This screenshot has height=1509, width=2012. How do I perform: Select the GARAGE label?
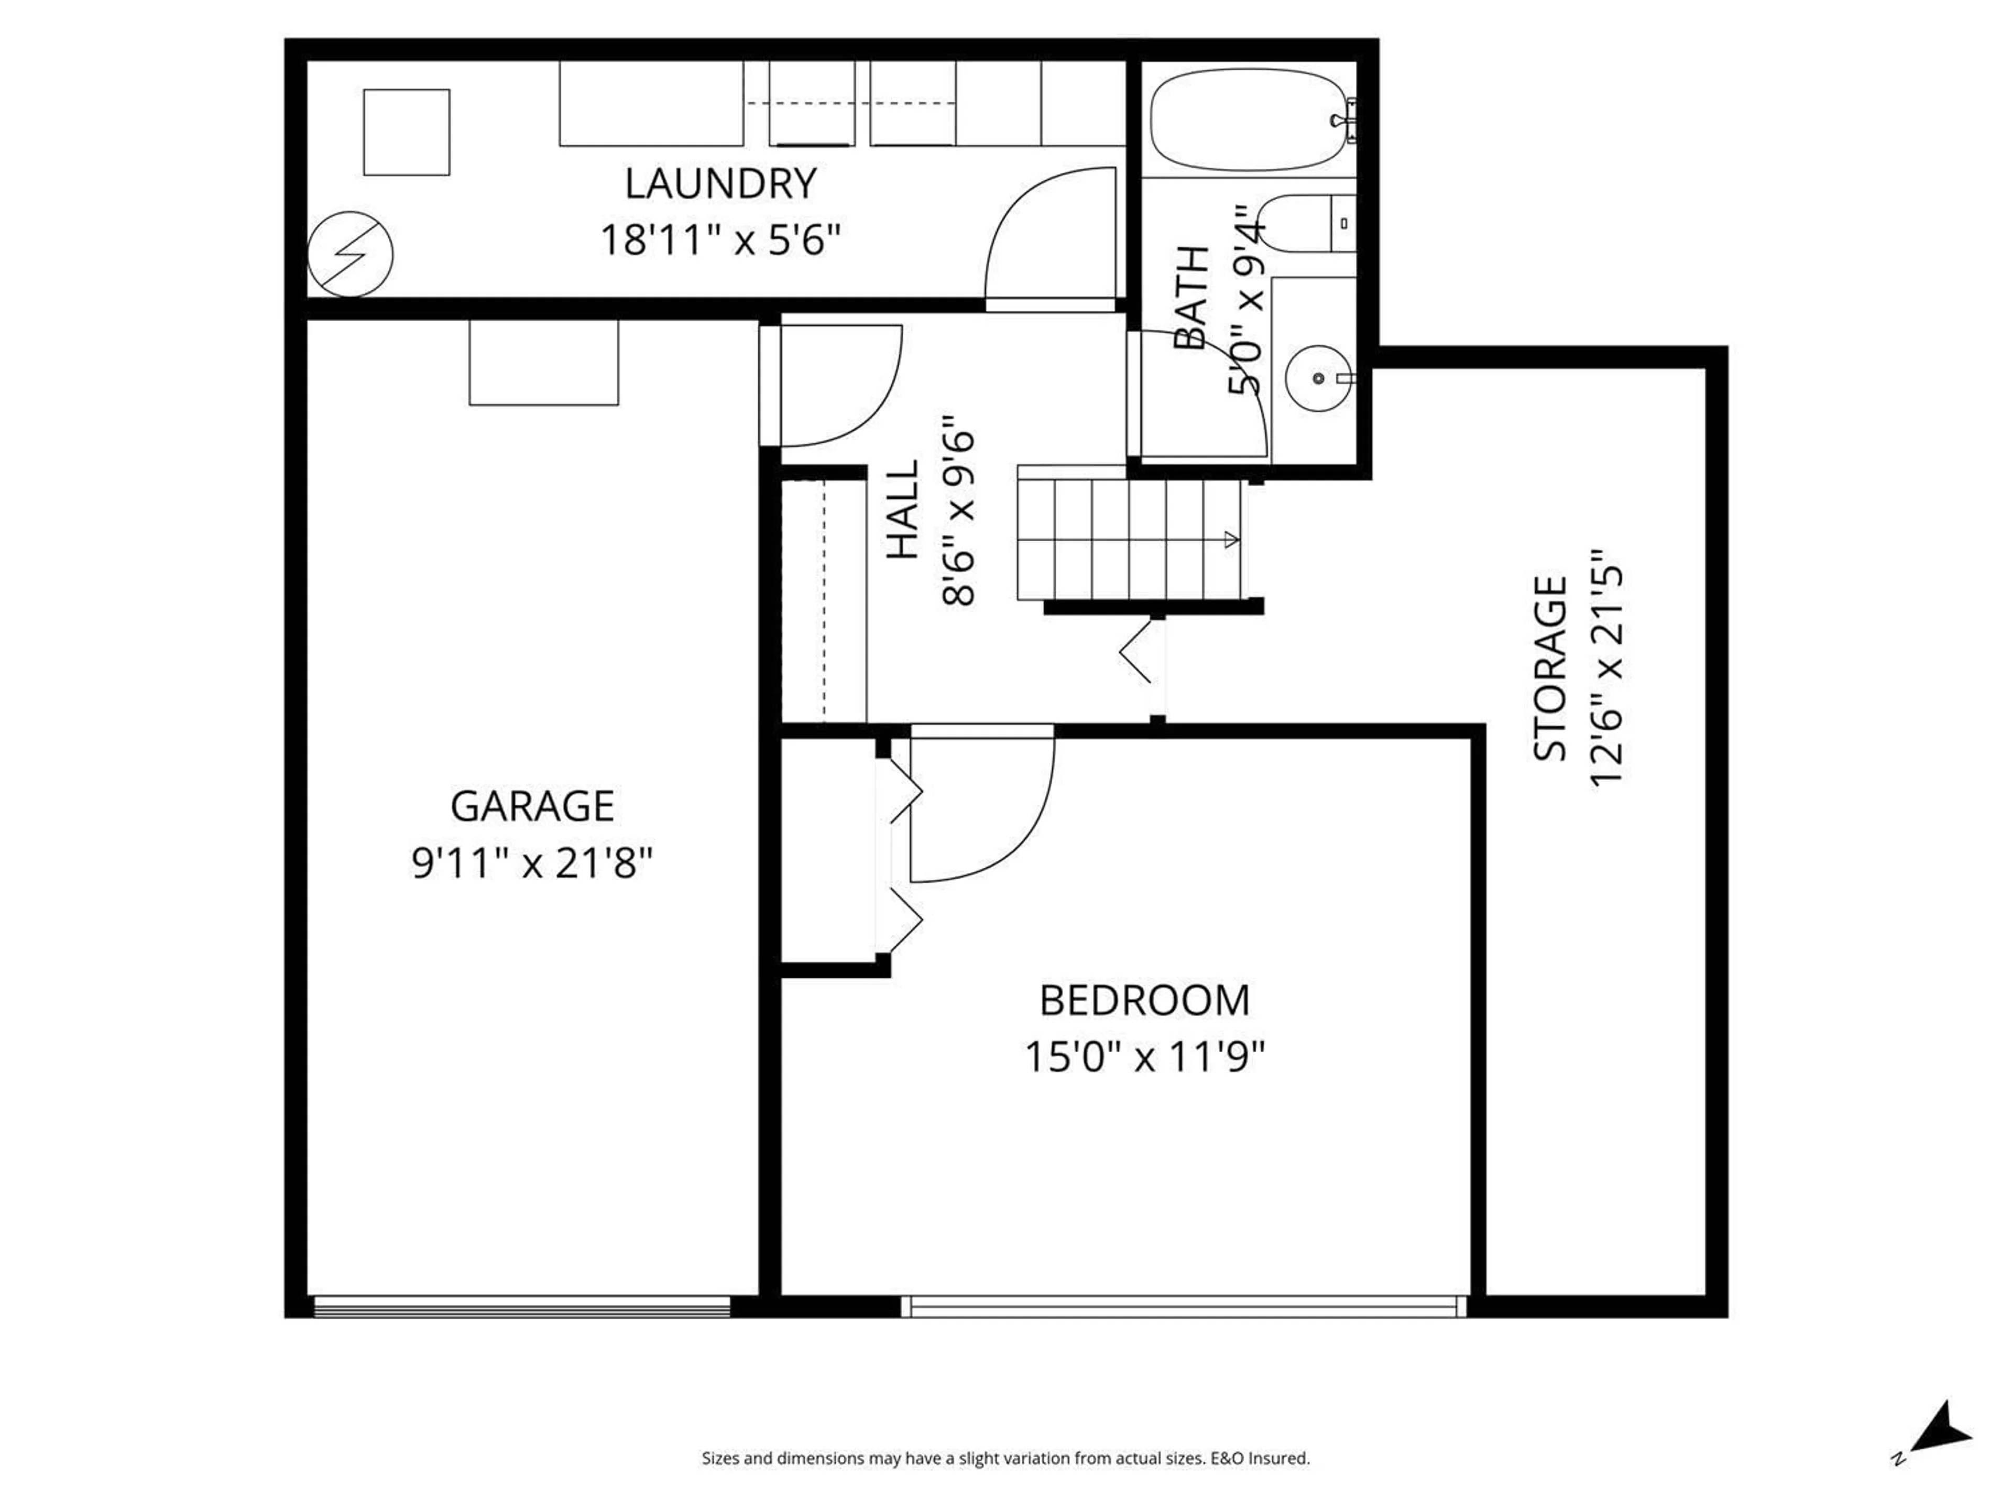click(x=532, y=806)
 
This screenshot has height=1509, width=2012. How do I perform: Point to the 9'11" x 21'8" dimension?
click(x=532, y=862)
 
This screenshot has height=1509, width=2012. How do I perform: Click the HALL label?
click(x=903, y=509)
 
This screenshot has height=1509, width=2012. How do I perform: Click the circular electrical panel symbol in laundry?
click(x=350, y=255)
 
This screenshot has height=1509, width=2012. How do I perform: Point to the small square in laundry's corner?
click(x=407, y=132)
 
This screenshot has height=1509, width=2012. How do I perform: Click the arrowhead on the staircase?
click(x=1232, y=540)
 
